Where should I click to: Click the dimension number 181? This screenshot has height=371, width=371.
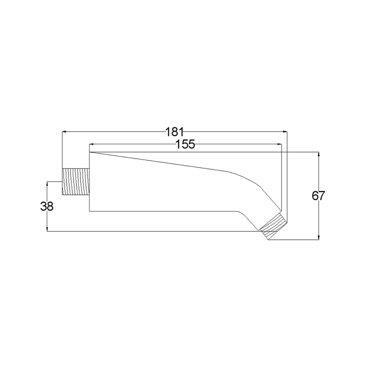pos(174,132)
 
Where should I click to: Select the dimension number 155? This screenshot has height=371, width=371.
pos(185,144)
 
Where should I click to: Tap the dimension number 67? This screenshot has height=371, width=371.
pos(318,196)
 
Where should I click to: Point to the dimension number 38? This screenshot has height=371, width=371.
pos(47,206)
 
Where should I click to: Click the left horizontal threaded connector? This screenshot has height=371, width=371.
pos(76,182)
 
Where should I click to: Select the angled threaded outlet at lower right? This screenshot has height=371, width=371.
pos(273,226)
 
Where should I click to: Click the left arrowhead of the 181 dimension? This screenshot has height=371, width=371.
pos(64,131)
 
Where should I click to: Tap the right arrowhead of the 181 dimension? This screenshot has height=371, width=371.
pos(285,131)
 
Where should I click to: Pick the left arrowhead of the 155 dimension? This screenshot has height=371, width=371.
pos(91,144)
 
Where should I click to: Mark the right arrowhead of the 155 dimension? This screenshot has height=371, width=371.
pos(280,144)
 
